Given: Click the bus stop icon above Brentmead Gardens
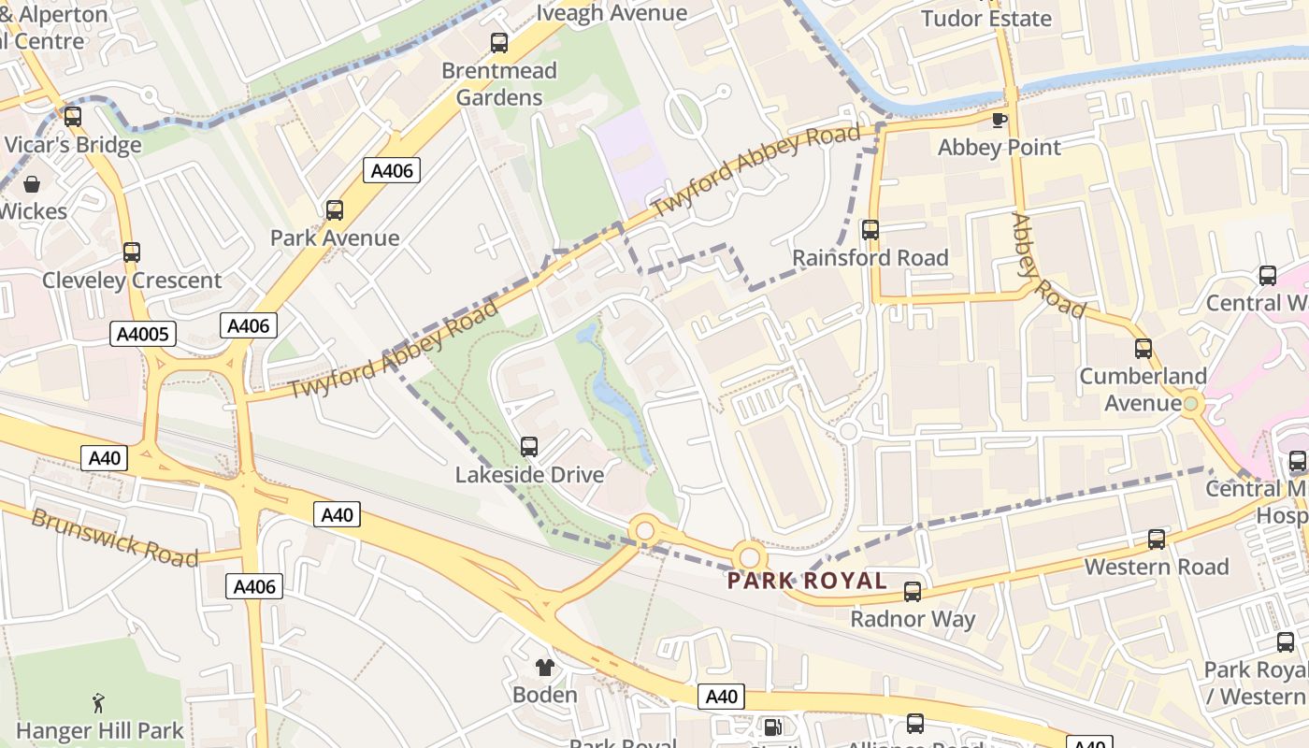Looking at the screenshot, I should pyautogui.click(x=499, y=43).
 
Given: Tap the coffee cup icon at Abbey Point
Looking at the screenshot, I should pyautogui.click(x=999, y=120).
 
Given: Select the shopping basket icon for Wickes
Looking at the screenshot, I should pyautogui.click(x=32, y=184).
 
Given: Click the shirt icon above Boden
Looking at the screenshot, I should pyautogui.click(x=545, y=668).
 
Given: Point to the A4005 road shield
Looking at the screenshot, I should pyautogui.click(x=143, y=334).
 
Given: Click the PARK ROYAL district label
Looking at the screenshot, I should pyautogui.click(x=807, y=581).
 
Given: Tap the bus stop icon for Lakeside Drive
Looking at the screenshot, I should pyautogui.click(x=529, y=447).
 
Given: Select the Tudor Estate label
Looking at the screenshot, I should pyautogui.click(x=985, y=19).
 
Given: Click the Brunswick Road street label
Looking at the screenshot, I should pyautogui.click(x=115, y=538).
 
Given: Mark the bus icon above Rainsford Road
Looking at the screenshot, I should pyautogui.click(x=870, y=230).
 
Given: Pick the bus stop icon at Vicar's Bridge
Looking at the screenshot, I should pyautogui.click(x=72, y=118).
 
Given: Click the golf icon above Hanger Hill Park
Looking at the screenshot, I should pyautogui.click(x=98, y=702).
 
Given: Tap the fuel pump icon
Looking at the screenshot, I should pyautogui.click(x=773, y=726).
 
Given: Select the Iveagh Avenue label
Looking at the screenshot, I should pyautogui.click(x=611, y=13).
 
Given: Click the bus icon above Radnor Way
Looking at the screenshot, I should pyautogui.click(x=913, y=592).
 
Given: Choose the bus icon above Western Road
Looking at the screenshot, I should pyautogui.click(x=1157, y=539).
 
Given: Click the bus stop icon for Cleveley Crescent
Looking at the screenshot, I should pyautogui.click(x=132, y=252).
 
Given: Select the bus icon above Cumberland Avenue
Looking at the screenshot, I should pyautogui.click(x=1143, y=349).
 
